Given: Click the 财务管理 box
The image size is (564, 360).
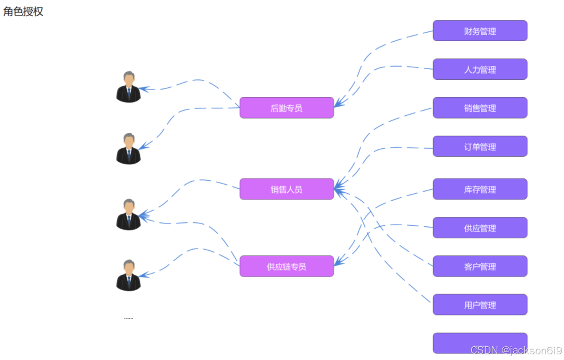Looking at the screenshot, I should [480, 31].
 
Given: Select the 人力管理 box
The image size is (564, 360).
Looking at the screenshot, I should [480, 69].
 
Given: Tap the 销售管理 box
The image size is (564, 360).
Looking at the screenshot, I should [480, 108].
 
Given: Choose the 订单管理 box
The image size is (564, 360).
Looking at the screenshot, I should [480, 147].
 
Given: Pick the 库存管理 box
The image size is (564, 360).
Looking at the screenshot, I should [480, 189].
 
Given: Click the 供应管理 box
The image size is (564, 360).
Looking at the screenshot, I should [480, 228].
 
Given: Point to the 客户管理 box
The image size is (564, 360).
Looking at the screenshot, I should [480, 266].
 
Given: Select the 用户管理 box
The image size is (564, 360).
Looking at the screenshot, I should [480, 305].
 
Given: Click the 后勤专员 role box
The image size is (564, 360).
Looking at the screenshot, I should [287, 108].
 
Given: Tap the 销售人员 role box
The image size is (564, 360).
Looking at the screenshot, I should [287, 189].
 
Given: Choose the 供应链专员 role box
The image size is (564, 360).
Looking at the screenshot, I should [287, 266].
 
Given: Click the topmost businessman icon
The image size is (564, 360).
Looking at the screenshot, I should [129, 87].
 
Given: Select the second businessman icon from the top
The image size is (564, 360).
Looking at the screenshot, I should [129, 148].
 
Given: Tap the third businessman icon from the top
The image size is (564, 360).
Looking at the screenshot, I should [129, 214].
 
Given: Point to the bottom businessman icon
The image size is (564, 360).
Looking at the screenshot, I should [129, 275].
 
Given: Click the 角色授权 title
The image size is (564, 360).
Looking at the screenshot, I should [23, 12].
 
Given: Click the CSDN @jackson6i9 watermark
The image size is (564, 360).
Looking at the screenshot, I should [516, 350].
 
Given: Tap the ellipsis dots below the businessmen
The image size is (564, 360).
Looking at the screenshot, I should [128, 318].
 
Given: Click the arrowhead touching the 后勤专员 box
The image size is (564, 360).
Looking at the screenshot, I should [338, 104].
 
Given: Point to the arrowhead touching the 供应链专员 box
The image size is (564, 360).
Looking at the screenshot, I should [338, 262].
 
